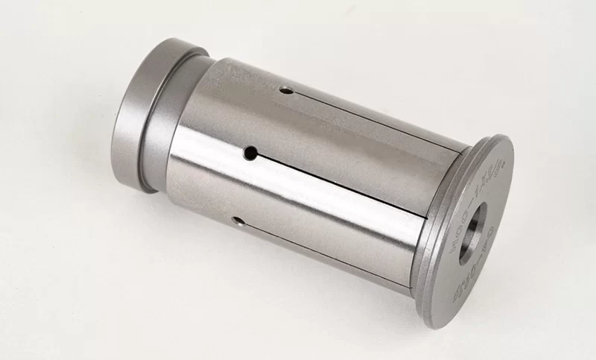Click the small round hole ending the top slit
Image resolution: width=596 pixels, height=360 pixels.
tap(285, 90)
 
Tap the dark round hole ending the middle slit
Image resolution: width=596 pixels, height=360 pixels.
tap(252, 153)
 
